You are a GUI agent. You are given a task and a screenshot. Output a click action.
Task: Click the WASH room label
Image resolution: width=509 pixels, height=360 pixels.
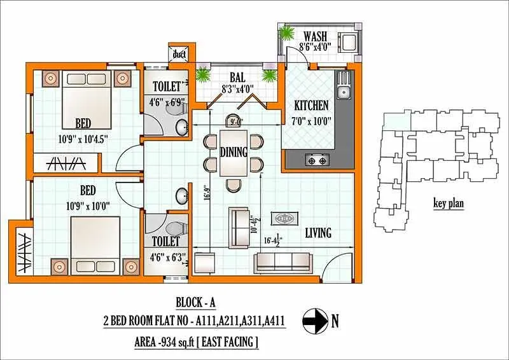pos(316,35)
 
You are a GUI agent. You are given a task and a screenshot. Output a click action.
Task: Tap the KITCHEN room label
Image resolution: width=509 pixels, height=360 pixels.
pos(310,106)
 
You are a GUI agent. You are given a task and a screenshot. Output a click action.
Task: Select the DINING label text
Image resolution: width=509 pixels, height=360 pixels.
pos(234,152)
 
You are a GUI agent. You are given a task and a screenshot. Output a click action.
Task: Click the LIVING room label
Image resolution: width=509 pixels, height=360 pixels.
pos(317,233)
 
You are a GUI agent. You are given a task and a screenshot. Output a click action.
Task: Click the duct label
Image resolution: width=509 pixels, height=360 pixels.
pos(179,55)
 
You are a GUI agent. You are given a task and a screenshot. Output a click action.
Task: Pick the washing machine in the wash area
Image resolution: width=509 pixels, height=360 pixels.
pos(349,43)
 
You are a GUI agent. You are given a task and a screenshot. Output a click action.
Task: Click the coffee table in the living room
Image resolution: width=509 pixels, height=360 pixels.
pos(282,218)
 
